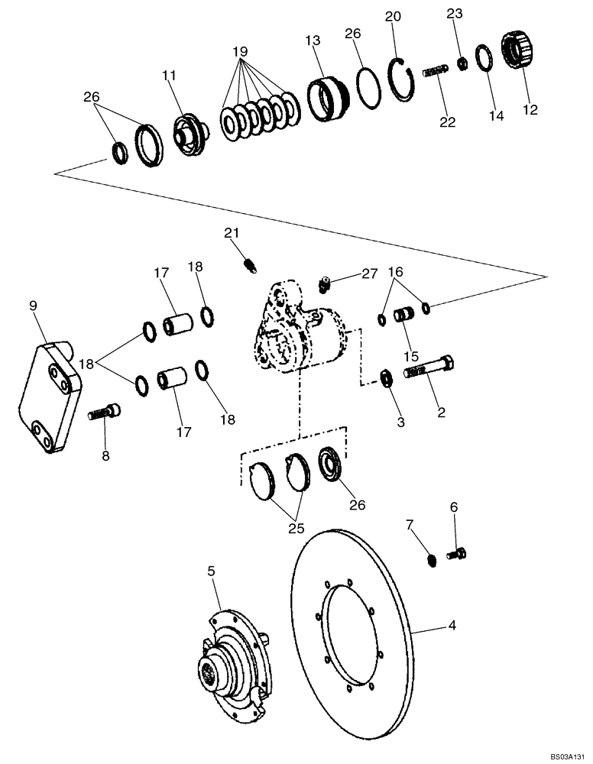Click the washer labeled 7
pos(433,561)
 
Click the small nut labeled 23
pos(462,63)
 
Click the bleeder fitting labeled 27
pos(324,284)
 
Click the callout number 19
pos(241,51)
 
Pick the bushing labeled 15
pos(403,314)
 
